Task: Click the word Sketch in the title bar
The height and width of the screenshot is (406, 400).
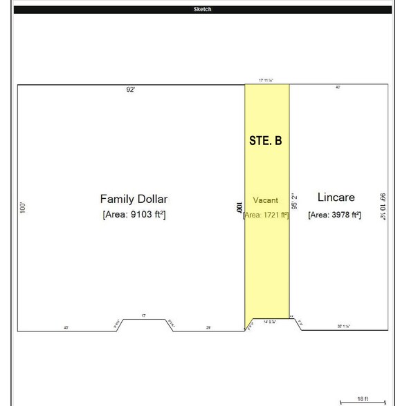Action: coord(203,10)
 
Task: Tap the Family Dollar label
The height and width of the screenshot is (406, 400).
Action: coord(134,199)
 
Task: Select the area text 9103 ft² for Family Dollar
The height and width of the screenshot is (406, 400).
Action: coord(134,215)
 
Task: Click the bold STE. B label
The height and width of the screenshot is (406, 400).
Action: coord(265,140)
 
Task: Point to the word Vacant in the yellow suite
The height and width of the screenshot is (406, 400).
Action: coord(265,200)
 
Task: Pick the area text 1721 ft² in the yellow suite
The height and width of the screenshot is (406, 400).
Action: coord(266,215)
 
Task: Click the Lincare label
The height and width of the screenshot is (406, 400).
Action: coord(335,197)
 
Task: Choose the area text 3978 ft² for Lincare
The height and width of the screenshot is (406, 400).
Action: coord(335,215)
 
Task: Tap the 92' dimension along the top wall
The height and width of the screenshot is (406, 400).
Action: coord(129,90)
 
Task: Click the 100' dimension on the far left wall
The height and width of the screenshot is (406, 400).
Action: coord(23,206)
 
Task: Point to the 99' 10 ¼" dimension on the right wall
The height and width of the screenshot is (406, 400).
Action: coord(383,206)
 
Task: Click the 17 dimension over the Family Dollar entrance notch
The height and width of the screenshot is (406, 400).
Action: coord(143,316)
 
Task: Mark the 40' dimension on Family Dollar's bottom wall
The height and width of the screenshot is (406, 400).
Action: coord(66,327)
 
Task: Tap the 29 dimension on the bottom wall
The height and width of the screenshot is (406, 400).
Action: coord(208,327)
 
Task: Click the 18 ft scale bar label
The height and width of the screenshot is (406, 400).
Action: coord(362,399)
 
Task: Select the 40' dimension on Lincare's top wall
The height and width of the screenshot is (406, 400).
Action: coord(337,88)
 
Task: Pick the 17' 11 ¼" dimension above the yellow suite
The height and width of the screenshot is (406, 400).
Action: coord(266,80)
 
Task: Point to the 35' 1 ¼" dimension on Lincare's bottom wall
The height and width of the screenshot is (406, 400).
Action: coord(343,326)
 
